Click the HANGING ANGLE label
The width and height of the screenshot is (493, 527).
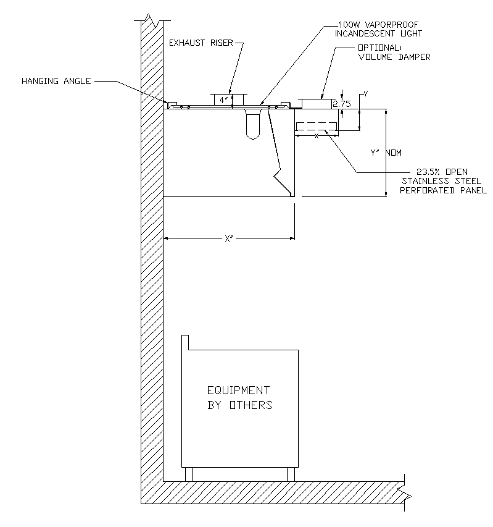tap(56, 81)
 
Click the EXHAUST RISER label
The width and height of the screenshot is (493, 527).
tap(201, 43)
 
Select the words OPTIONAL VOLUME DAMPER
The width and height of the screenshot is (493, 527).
tap(393, 53)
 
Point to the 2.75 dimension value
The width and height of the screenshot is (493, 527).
tap(341, 104)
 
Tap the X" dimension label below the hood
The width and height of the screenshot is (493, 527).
tap(228, 238)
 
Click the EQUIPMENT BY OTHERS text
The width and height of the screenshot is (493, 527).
tap(239, 398)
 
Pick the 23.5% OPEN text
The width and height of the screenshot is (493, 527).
tap(442, 171)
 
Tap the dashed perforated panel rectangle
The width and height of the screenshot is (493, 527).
tap(317, 127)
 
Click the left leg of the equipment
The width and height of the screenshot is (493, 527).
tap(188, 474)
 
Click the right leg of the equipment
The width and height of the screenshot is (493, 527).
tap(291, 474)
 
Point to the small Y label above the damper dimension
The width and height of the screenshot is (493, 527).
tap(366, 94)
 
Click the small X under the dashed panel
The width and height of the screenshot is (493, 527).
tap(317, 136)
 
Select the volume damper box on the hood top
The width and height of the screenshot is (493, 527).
tap(318, 103)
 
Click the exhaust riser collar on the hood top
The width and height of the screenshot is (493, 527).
tap(230, 99)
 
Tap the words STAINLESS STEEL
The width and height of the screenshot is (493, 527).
tap(434, 181)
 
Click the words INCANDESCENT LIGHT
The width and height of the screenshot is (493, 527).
tap(378, 33)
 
